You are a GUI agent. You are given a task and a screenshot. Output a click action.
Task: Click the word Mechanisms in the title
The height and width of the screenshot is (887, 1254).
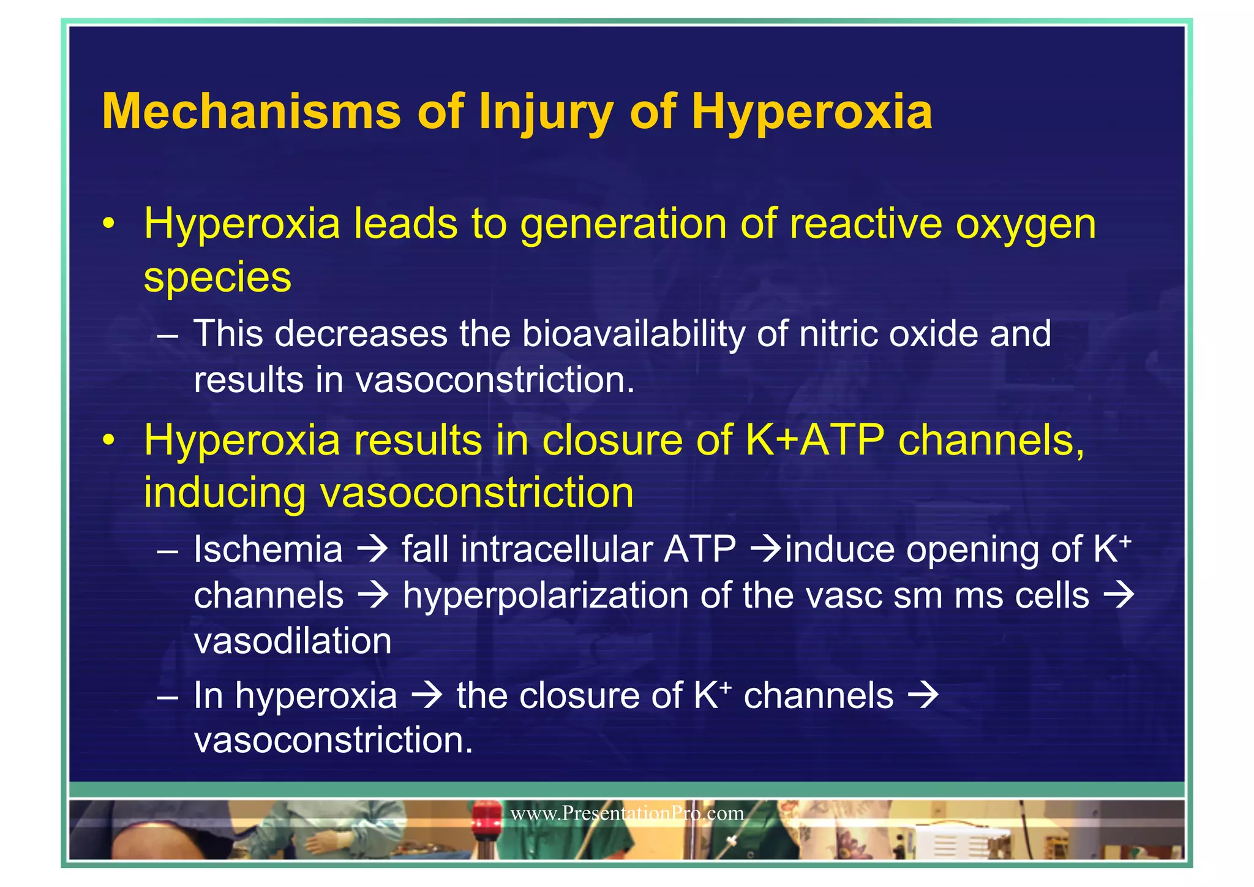coord(251,112)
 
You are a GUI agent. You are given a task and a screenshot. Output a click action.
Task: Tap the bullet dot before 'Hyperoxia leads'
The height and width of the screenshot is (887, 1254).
coord(109,224)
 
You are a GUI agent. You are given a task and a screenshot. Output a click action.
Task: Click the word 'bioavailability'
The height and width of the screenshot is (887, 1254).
coord(633,334)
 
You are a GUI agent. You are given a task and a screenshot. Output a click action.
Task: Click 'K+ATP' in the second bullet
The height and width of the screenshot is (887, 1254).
coord(815,440)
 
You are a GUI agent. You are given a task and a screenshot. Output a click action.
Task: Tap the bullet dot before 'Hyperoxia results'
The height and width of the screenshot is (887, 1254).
coord(109,440)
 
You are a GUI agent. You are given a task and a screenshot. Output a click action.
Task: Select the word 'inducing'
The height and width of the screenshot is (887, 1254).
coord(224,493)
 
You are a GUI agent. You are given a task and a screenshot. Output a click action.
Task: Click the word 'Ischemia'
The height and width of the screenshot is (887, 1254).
coord(268,549)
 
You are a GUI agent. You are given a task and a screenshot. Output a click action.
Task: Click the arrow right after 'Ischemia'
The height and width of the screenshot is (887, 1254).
coord(372,549)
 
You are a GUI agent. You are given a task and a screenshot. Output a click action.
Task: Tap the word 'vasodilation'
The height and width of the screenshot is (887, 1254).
coord(293,641)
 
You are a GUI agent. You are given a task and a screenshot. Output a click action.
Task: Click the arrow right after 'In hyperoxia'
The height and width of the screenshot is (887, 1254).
coord(427,696)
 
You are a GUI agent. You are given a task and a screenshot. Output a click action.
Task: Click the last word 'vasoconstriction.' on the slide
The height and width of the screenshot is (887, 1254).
coord(334,741)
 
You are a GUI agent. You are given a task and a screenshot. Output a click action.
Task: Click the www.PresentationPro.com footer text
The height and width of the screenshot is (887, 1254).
coord(627,813)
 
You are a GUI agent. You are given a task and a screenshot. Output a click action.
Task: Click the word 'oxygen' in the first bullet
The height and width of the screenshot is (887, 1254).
coord(1026,224)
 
